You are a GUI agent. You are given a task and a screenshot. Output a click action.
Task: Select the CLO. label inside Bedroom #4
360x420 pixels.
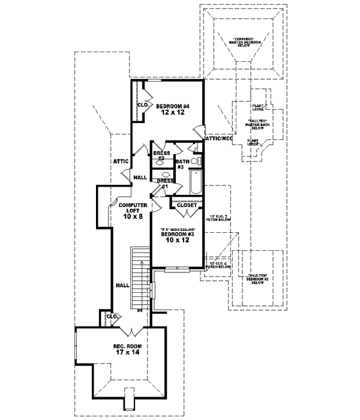(143, 105)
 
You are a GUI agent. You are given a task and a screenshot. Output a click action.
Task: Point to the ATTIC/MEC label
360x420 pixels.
(218, 139)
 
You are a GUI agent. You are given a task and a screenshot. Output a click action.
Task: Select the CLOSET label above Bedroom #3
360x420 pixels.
(187, 205)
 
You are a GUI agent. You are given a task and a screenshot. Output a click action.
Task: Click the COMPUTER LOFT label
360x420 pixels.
(133, 209)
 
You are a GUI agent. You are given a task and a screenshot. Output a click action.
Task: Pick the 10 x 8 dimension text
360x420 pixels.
(133, 217)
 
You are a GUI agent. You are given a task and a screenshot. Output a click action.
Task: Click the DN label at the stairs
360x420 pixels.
(139, 310)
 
